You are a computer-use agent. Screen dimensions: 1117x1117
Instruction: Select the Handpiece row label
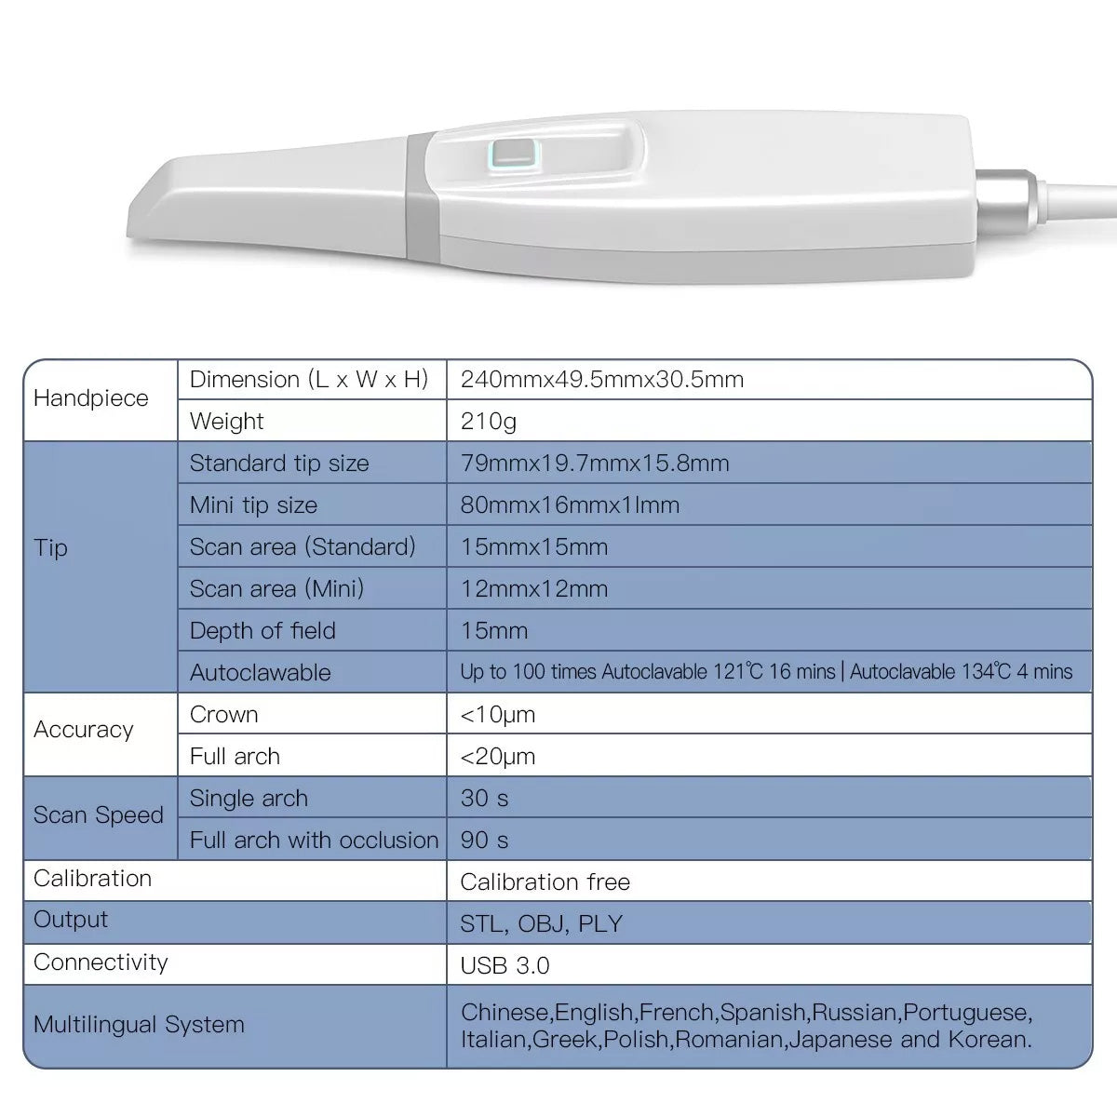point(91,398)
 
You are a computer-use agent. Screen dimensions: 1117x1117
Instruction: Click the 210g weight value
point(489,422)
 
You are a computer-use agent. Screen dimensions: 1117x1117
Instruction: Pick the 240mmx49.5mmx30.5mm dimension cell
point(602,380)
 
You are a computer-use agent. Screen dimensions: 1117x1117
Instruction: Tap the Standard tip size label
point(279,464)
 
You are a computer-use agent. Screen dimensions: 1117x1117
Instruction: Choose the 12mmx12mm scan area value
point(534,589)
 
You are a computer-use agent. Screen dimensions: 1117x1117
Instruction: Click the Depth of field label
point(262,631)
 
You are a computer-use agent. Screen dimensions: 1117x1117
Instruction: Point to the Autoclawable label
point(261,673)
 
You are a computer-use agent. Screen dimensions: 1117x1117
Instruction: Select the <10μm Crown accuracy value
point(498,715)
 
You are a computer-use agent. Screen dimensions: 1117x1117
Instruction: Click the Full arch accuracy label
point(235,757)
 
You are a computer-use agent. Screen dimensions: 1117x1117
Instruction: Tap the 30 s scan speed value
point(485,799)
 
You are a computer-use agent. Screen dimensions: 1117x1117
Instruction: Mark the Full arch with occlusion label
point(314,841)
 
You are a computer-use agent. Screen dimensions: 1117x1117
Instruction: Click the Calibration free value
point(545,882)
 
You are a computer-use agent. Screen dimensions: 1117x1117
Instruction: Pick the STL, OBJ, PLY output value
point(542,924)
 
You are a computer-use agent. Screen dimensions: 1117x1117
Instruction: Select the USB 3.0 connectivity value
point(505,966)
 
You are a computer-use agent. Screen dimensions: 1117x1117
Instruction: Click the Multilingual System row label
point(140,1025)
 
